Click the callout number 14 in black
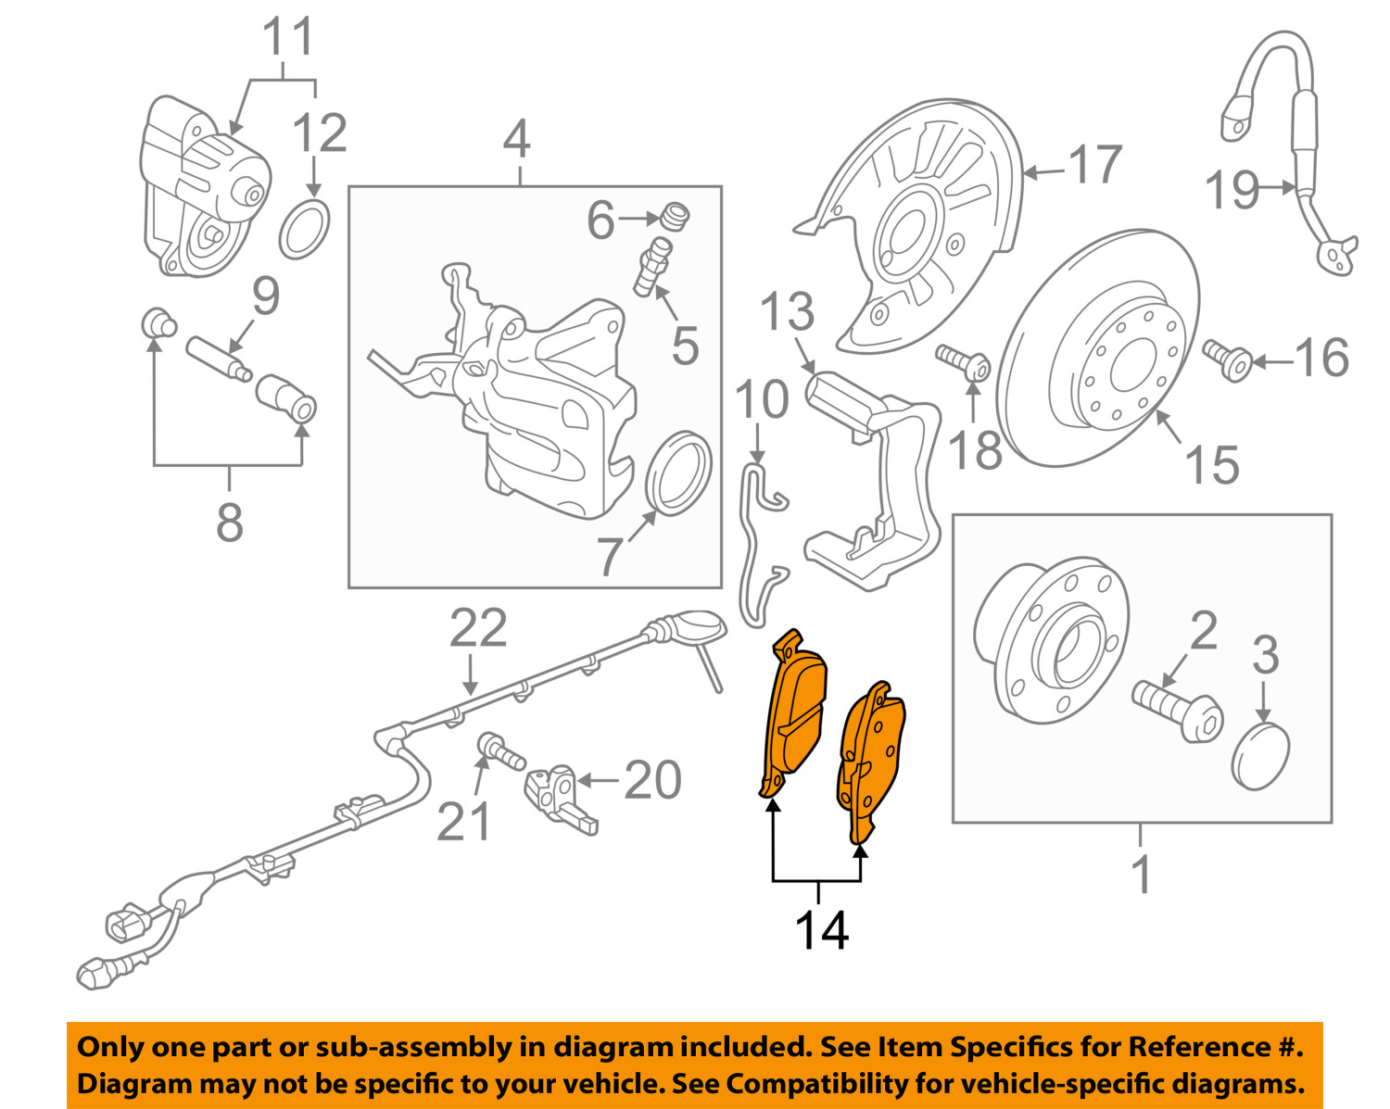click(x=821, y=929)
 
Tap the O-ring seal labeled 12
click(x=304, y=229)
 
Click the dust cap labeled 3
click(x=1261, y=756)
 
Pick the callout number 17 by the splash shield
click(x=1095, y=165)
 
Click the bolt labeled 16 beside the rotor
click(x=1229, y=358)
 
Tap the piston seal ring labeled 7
click(x=678, y=472)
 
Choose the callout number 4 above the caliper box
click(x=516, y=140)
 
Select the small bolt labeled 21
click(x=498, y=749)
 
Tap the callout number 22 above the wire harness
click(x=478, y=629)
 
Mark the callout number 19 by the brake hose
click(x=1232, y=191)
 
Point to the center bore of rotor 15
click(x=1133, y=362)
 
